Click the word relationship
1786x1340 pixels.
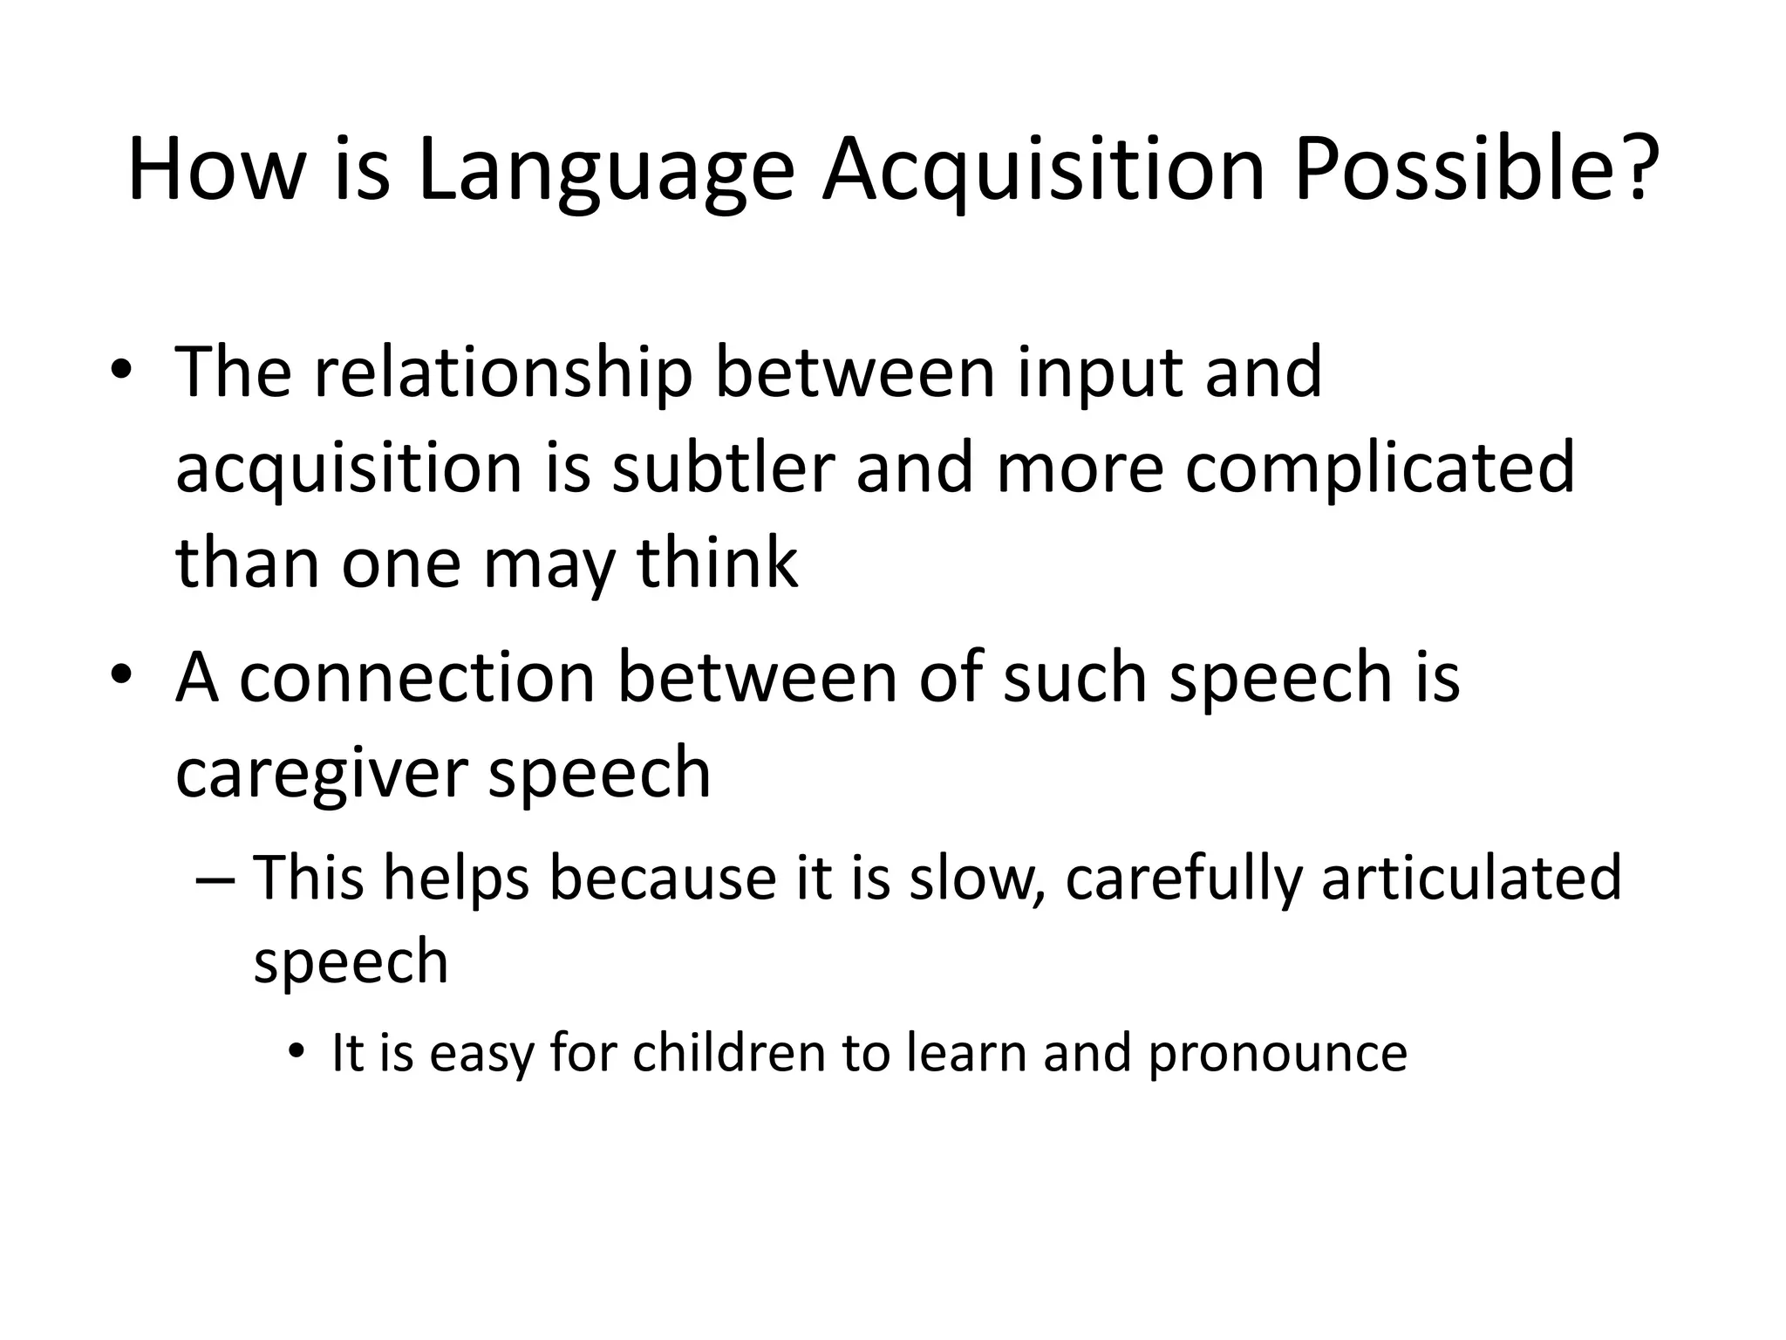tap(503, 373)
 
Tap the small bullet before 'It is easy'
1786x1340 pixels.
tap(297, 1053)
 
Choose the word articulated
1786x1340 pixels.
tap(1471, 877)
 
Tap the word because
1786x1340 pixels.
tap(662, 877)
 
